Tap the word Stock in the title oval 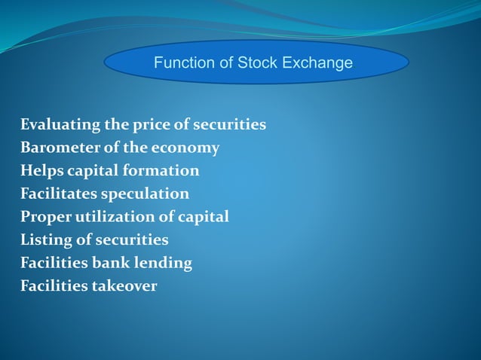click(x=259, y=63)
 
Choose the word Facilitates click(x=58, y=194)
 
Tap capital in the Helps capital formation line click(x=93, y=171)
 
